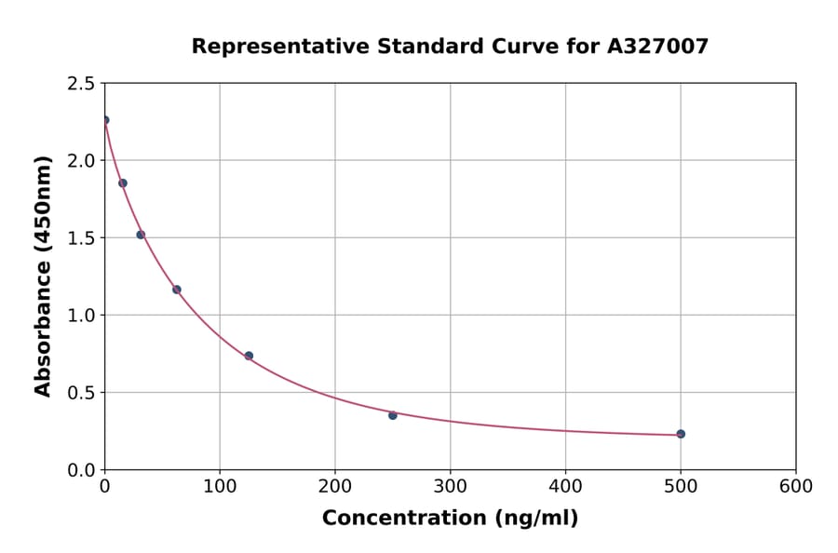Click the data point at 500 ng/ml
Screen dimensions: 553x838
click(x=681, y=434)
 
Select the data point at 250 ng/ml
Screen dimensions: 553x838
click(x=393, y=415)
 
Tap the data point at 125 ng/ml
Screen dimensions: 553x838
click(x=249, y=356)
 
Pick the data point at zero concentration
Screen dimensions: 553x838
click(x=105, y=120)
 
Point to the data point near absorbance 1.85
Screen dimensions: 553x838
click(x=123, y=183)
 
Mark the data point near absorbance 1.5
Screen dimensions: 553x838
click(x=141, y=235)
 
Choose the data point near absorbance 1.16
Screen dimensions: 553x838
click(x=177, y=290)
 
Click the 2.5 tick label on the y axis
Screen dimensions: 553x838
click(x=81, y=84)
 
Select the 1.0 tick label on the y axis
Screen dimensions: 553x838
click(x=81, y=316)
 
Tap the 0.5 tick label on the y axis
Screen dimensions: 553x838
click(x=81, y=393)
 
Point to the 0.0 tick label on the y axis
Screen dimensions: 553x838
click(x=81, y=470)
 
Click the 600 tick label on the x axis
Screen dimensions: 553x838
click(x=796, y=487)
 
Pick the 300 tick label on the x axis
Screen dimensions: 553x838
click(x=451, y=487)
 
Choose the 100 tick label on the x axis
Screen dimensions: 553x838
click(x=220, y=487)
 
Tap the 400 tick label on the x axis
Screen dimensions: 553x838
click(x=565, y=487)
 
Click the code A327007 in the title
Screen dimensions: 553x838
click(x=658, y=47)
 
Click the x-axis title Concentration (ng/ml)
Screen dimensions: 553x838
click(x=450, y=519)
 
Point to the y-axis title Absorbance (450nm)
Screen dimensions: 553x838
click(x=43, y=276)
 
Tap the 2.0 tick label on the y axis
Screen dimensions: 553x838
click(x=81, y=161)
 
